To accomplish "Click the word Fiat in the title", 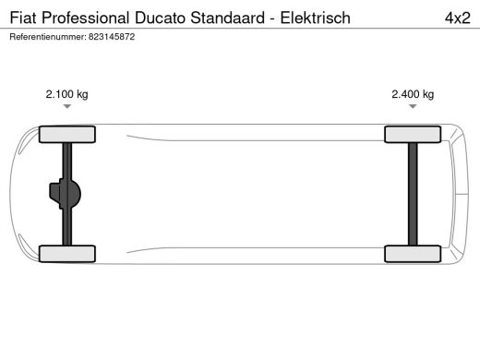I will pyautogui.click(x=22, y=17).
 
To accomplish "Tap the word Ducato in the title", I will pyautogui.click(x=158, y=17).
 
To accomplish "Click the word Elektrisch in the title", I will pyautogui.click(x=315, y=17).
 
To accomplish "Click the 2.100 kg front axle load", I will pyautogui.click(x=66, y=93).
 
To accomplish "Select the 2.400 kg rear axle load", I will pyautogui.click(x=412, y=93).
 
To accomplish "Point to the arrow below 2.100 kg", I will pyautogui.click(x=66, y=107).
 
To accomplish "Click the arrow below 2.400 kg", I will pyautogui.click(x=412, y=107).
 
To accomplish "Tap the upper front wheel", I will pyautogui.click(x=66, y=134).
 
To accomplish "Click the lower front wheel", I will pyautogui.click(x=66, y=252).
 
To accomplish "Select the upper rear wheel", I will pyautogui.click(x=412, y=134).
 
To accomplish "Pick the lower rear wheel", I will pyautogui.click(x=412, y=252).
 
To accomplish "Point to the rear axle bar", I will pyautogui.click(x=412, y=193).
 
